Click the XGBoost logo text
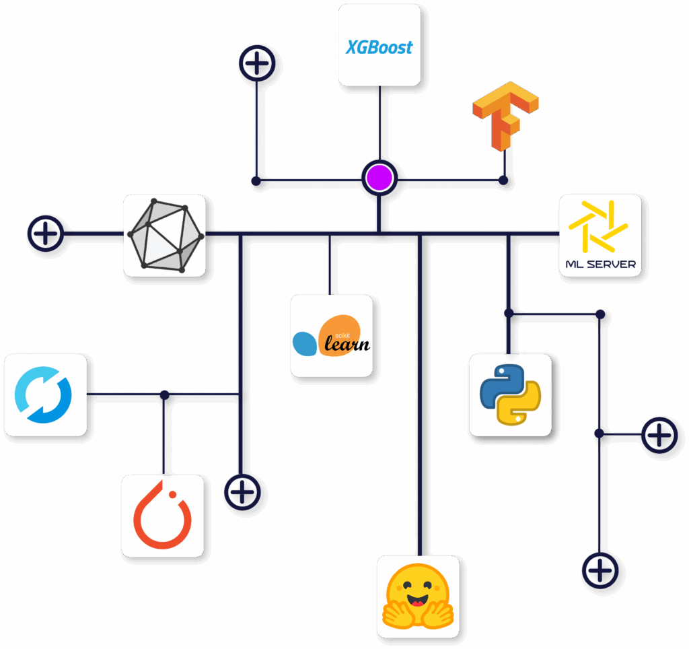379,47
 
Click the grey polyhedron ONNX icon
165,235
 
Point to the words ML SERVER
600,264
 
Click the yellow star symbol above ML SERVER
598,225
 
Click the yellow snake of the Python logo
520,404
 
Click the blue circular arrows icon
44,395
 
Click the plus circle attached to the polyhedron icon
45,235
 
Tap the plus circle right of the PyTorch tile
242,491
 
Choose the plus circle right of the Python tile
661,436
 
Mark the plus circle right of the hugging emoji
600,572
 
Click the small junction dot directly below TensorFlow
503,180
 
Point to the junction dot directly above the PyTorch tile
164,395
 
